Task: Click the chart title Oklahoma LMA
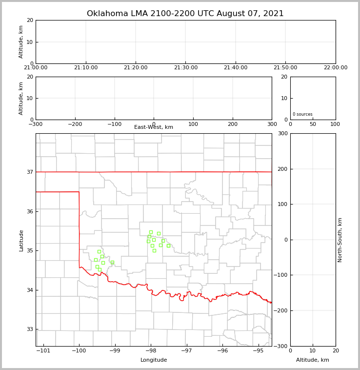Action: (185, 14)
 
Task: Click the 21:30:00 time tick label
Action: (185, 68)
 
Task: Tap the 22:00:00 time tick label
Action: (335, 68)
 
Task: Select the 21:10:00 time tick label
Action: (86, 68)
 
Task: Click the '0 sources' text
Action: (302, 114)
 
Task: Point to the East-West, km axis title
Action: (154, 127)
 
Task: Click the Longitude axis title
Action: (154, 360)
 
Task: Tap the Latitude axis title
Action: (21, 240)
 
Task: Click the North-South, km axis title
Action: (340, 240)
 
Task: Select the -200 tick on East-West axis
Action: (75, 124)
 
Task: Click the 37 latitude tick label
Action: (30, 172)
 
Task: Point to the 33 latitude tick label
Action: (30, 329)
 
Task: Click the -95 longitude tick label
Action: (258, 350)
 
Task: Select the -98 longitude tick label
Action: (151, 350)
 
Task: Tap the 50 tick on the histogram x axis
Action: (313, 124)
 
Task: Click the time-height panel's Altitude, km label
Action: (21, 41)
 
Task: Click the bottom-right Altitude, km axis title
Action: (313, 360)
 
